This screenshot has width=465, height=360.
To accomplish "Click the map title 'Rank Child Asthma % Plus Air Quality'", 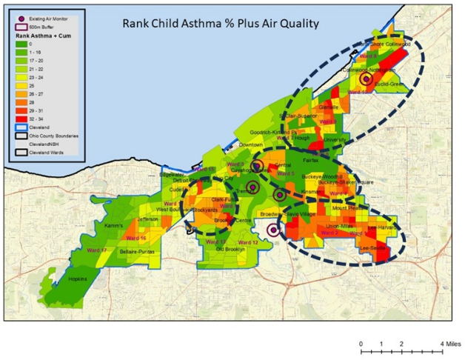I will pos(220,23).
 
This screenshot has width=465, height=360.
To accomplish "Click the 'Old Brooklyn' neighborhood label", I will pos(230,250).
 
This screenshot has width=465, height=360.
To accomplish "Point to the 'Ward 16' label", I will pos(137,238).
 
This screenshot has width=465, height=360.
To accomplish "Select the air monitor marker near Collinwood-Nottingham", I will pos(365,78).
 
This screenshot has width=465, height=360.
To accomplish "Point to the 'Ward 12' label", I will pos(250,242).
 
